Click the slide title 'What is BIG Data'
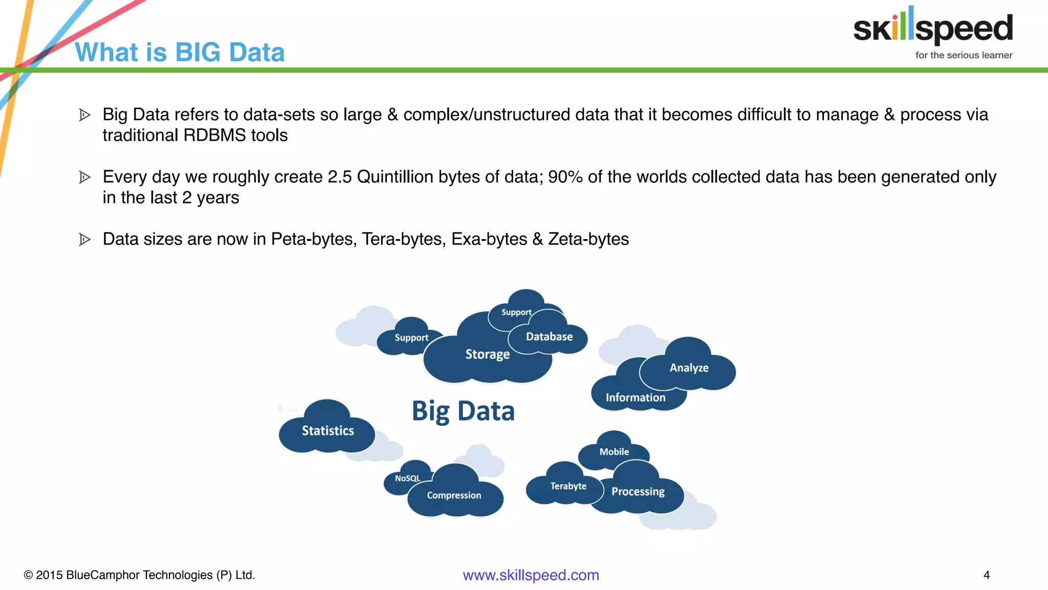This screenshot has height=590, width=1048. click(x=180, y=52)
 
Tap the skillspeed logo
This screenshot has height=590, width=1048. click(x=933, y=27)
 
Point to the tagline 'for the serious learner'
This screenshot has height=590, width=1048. click(x=964, y=55)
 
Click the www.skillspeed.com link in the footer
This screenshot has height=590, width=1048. click(x=531, y=575)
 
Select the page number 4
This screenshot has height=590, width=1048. click(x=987, y=575)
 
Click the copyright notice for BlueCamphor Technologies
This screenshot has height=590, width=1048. click(x=139, y=575)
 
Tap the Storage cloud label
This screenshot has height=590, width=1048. click(x=487, y=354)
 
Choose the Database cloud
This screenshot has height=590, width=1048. click(x=549, y=337)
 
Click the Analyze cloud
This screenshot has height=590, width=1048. click(x=689, y=368)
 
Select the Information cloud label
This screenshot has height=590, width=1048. click(x=636, y=398)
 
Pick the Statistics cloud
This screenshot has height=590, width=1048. click(x=327, y=431)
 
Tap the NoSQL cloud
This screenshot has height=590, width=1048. click(x=407, y=478)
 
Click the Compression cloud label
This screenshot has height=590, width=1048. click(x=454, y=495)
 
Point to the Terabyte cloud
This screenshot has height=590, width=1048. click(x=568, y=486)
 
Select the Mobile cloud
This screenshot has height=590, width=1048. click(x=614, y=452)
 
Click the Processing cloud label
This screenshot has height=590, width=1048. click(x=638, y=492)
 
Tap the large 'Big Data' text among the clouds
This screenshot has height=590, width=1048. click(x=463, y=411)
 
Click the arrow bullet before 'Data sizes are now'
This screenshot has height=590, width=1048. click(x=85, y=239)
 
